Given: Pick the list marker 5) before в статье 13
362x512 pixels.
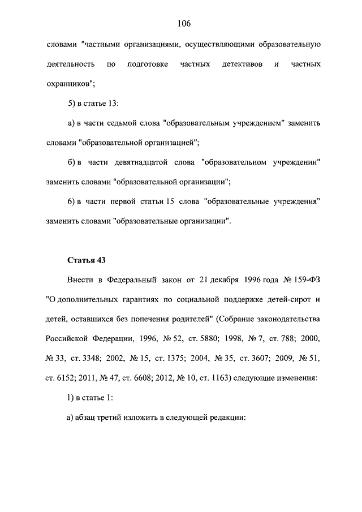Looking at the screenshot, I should tap(72, 104).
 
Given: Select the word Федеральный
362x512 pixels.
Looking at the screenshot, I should tap(131, 280).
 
